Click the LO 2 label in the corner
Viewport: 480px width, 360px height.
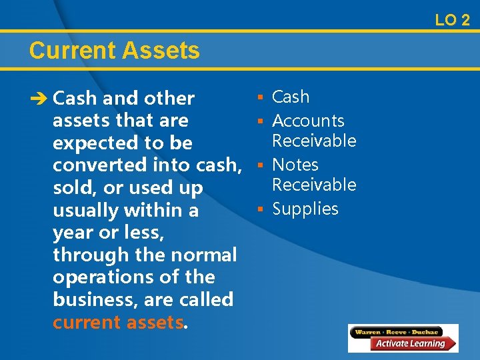[452, 20]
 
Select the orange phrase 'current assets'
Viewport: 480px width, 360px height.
[117, 322]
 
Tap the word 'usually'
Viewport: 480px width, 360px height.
[89, 211]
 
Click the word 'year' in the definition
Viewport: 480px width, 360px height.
[73, 233]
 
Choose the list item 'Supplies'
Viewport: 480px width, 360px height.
[305, 209]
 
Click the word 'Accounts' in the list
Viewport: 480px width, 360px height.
[308, 121]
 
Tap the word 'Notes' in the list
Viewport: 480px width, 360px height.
[295, 165]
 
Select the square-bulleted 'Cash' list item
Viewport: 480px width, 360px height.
[291, 97]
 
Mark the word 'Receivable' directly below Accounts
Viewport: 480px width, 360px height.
[314, 141]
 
